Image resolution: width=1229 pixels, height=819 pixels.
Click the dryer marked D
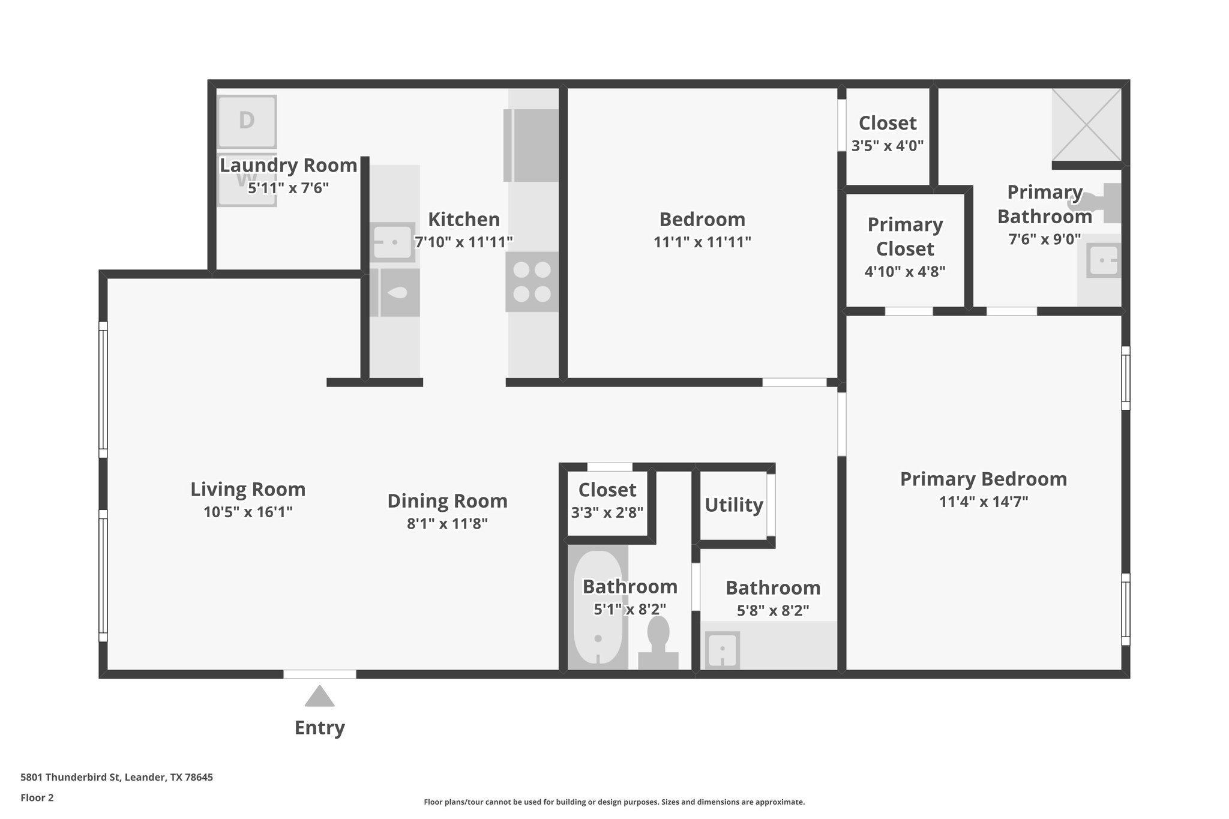(x=247, y=121)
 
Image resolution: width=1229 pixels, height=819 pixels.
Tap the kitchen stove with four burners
(x=532, y=282)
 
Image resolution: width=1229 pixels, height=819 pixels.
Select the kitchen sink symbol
(x=392, y=242)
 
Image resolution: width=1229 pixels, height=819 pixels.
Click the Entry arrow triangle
(x=319, y=697)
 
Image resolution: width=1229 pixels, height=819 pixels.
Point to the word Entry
(x=319, y=728)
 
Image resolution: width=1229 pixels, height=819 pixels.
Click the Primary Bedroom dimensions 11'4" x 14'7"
(x=984, y=502)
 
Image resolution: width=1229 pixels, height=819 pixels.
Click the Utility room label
(x=733, y=505)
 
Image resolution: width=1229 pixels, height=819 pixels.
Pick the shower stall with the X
(x=1087, y=124)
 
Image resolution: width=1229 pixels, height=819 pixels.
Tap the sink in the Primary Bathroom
(x=1104, y=260)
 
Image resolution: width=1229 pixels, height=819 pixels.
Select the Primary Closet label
(x=905, y=236)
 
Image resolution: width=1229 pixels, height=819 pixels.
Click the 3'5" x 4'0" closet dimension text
(x=888, y=146)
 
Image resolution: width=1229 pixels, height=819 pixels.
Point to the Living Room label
(x=248, y=489)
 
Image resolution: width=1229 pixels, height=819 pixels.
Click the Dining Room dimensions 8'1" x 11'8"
(x=447, y=524)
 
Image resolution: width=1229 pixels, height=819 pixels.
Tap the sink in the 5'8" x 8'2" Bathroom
(x=722, y=649)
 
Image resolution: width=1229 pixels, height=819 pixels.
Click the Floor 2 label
(x=37, y=797)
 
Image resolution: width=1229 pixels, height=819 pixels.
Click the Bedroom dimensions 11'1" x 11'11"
(x=702, y=242)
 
